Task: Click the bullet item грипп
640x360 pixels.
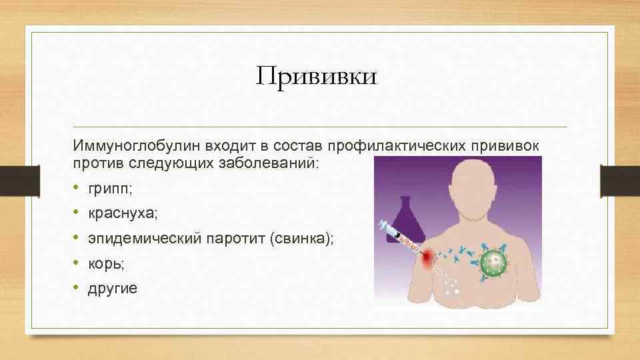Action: pyautogui.click(x=110, y=189)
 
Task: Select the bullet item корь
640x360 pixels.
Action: pyautogui.click(x=106, y=263)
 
